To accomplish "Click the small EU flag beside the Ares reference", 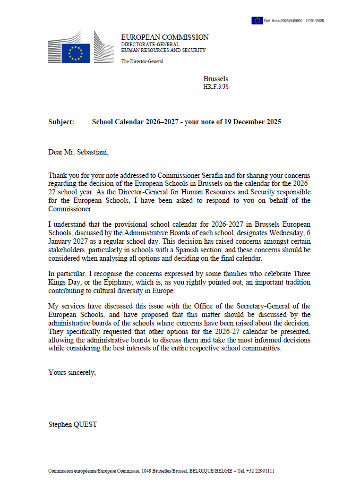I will click(258, 20).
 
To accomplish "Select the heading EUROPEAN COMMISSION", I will click(165, 38).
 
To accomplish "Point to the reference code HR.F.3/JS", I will click(216, 86).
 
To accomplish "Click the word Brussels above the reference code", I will click(216, 79).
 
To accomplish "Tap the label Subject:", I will click(61, 122).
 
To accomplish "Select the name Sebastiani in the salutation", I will click(92, 152).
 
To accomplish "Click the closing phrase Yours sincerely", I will click(72, 372).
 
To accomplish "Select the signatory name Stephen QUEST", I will click(73, 424).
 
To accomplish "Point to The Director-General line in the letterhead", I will click(142, 62).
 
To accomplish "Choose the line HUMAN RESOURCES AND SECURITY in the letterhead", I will click(163, 50).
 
